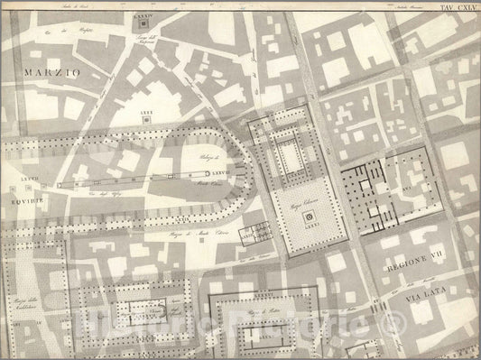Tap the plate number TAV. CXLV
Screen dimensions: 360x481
[458, 8]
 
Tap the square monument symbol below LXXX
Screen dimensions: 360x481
[146, 122]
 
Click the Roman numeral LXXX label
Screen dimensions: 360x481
[146, 113]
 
